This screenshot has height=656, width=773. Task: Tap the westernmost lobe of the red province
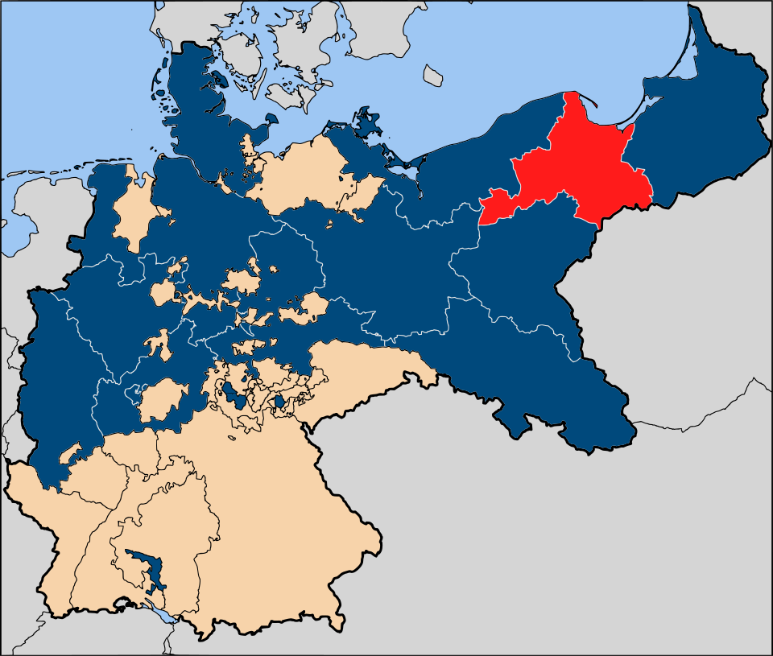point(495,208)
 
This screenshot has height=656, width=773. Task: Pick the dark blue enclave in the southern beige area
point(145,563)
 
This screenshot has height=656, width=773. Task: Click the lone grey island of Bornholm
point(434,76)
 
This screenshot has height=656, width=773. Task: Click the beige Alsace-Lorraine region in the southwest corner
point(48,515)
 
